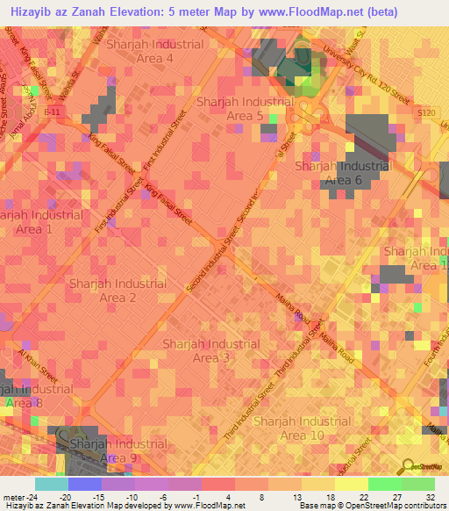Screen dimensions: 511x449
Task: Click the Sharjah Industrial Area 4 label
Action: point(154,51)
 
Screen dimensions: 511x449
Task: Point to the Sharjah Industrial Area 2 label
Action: point(118,291)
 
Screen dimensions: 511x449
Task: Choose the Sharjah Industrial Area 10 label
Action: point(302,428)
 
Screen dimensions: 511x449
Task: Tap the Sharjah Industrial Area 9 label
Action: point(118,450)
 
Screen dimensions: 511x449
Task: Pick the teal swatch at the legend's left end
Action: point(51,484)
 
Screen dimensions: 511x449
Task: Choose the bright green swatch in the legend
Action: point(384,484)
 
